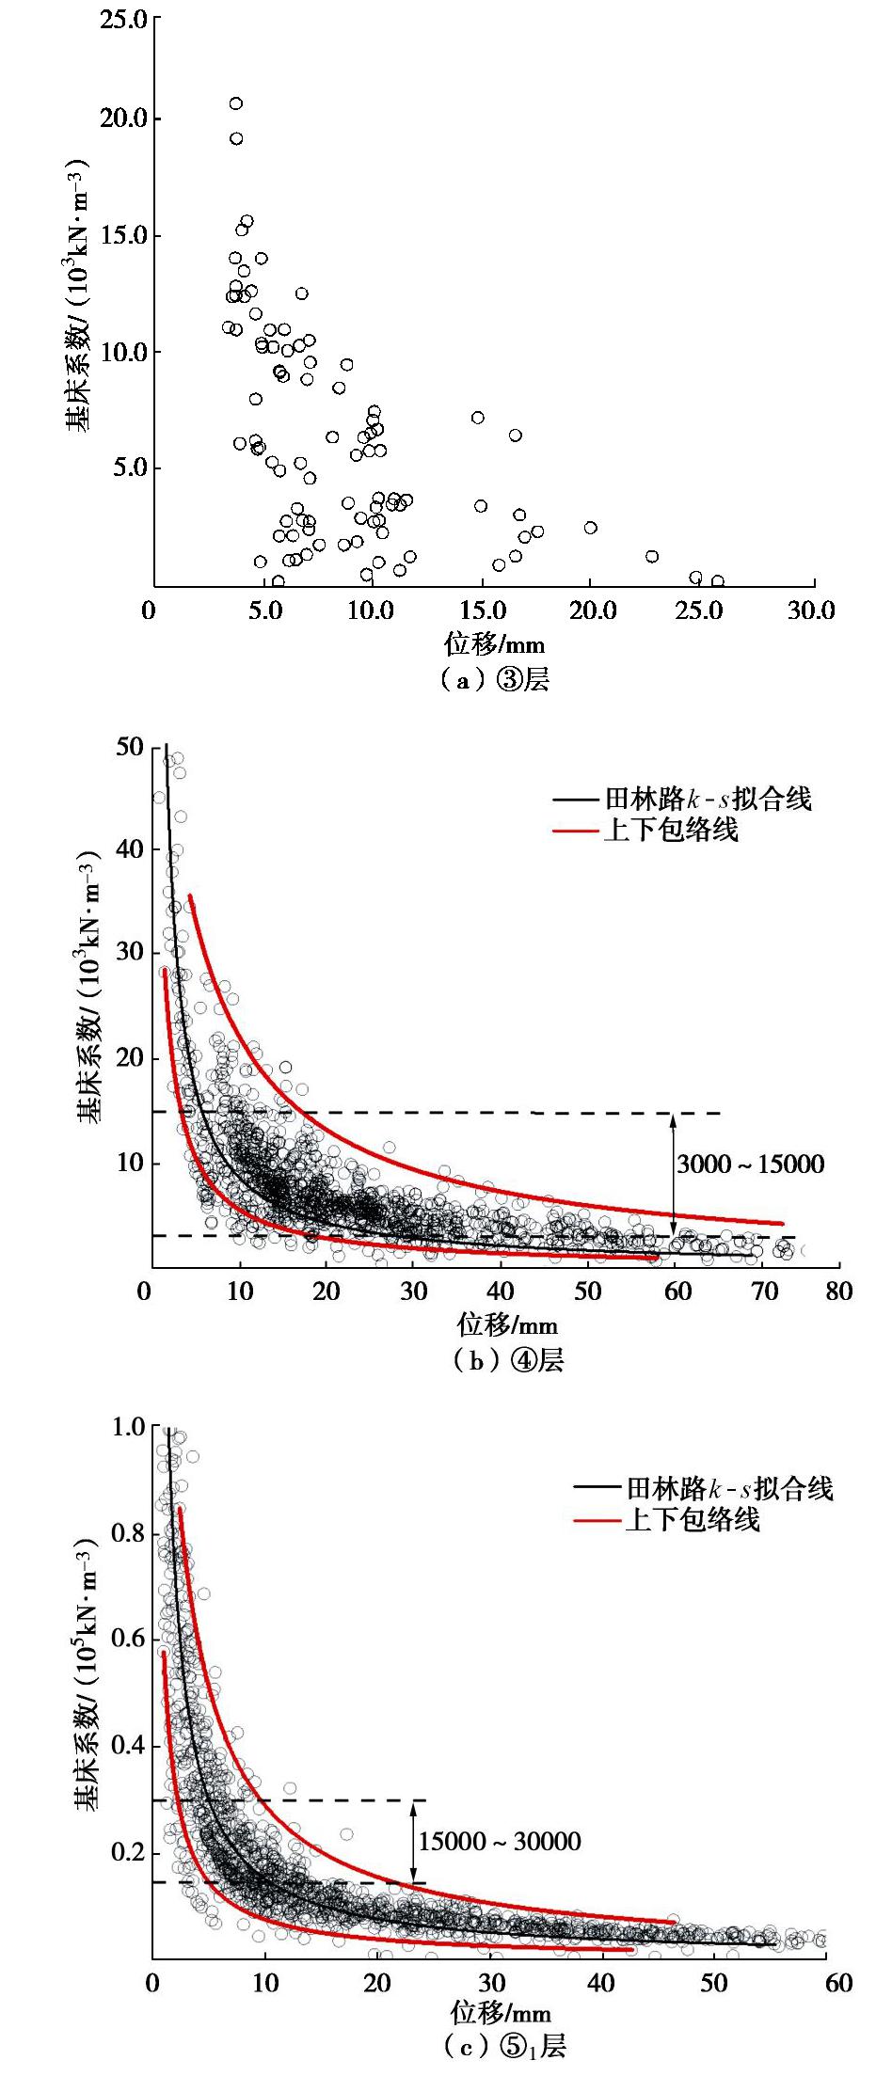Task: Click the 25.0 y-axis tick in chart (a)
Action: click(x=123, y=20)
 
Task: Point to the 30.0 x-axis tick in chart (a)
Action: click(x=811, y=610)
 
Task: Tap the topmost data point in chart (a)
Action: click(x=235, y=103)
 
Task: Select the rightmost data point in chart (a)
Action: click(x=717, y=581)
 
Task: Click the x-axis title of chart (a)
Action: click(x=494, y=644)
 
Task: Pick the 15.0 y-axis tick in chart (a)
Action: click(x=123, y=235)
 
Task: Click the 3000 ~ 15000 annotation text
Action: click(x=749, y=1165)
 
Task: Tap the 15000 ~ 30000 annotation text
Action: click(x=499, y=1841)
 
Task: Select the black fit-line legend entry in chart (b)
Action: click(x=682, y=800)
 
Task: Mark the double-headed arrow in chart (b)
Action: click(x=673, y=1175)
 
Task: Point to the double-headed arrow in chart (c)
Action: click(x=412, y=1842)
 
